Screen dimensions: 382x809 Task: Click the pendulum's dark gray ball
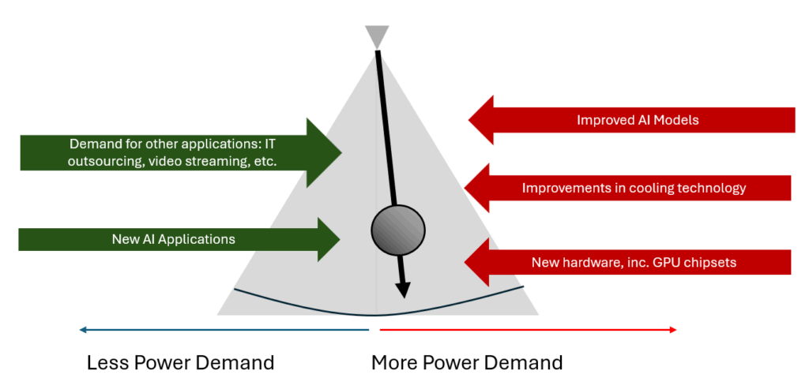coord(393,229)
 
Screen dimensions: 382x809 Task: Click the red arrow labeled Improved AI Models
coord(632,121)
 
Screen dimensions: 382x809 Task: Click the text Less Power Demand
coord(180,362)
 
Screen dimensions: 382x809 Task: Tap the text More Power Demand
coord(467,362)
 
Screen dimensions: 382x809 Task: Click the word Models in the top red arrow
coord(678,121)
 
